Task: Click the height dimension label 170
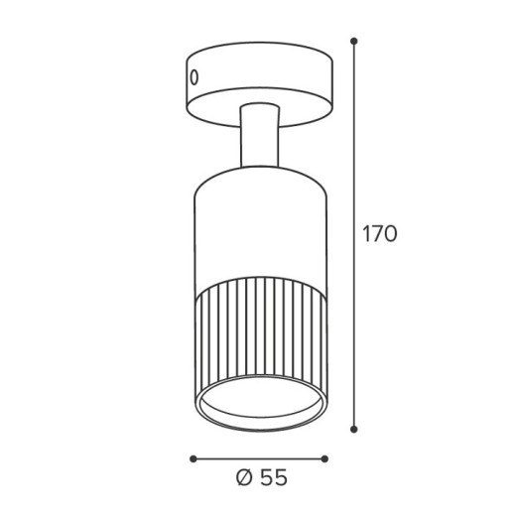(380, 234)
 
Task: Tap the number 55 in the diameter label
(274, 477)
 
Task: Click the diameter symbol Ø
(245, 477)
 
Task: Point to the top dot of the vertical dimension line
(354, 41)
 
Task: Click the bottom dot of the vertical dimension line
(354, 430)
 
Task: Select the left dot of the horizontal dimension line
(193, 458)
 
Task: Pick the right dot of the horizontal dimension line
(324, 458)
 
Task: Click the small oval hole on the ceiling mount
(194, 77)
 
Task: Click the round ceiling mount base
(260, 84)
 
